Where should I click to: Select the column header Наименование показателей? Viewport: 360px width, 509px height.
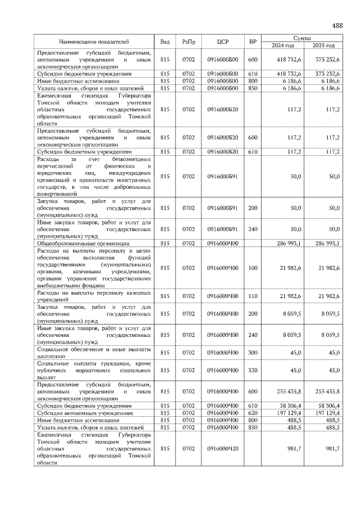[94, 42]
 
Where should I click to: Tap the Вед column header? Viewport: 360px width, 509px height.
[165, 42]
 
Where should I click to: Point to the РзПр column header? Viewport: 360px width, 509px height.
[188, 42]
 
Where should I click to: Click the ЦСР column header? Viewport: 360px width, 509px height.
[223, 42]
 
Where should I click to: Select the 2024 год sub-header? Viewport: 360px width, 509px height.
[283, 46]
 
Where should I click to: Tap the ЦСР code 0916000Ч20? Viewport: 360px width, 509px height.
[223, 449]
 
